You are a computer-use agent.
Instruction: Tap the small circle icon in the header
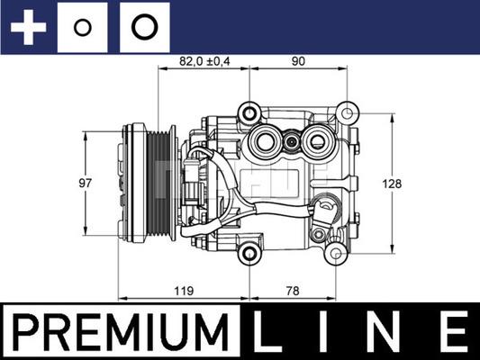[x=83, y=27]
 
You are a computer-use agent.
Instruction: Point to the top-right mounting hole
[x=345, y=112]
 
